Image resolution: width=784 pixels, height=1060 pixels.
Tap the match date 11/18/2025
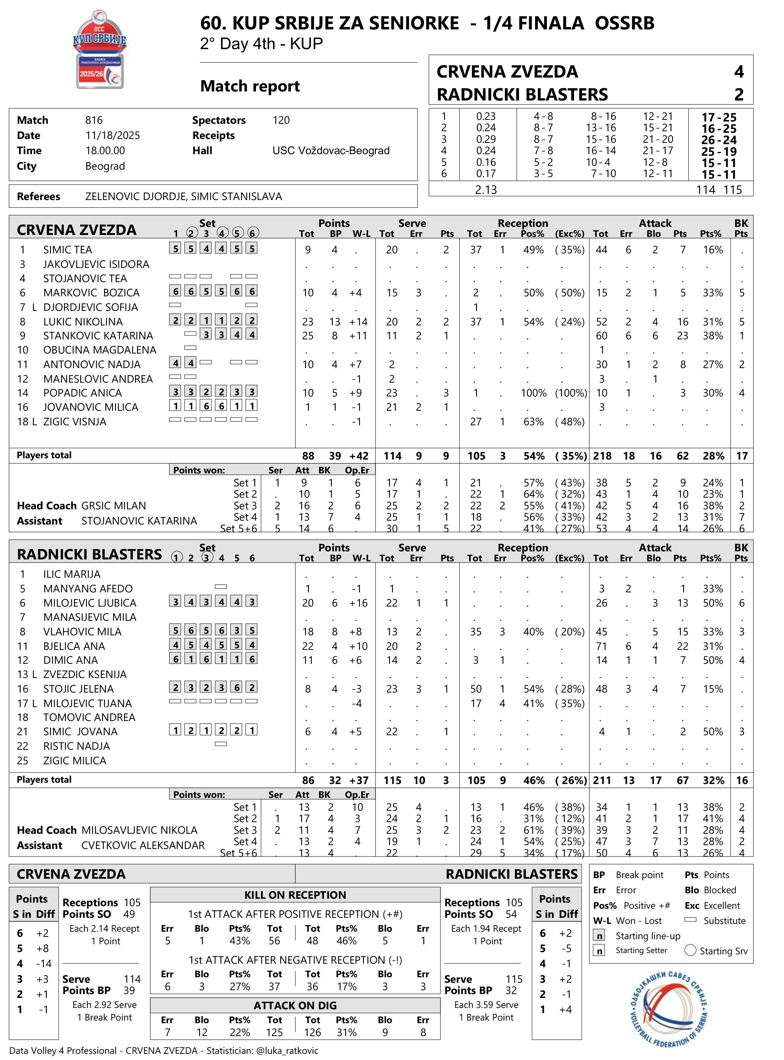click(112, 136)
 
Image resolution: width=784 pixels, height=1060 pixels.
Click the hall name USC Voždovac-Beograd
click(331, 151)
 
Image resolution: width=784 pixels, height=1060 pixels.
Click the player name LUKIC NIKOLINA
click(83, 322)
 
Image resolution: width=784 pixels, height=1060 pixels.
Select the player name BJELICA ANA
click(74, 646)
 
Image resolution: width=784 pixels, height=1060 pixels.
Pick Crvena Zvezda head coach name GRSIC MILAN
click(114, 506)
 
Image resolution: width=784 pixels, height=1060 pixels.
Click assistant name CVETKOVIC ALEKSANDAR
click(143, 845)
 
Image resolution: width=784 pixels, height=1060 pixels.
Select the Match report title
click(250, 86)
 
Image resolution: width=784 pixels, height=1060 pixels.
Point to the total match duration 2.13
click(486, 190)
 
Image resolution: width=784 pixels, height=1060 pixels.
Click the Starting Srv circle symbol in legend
click(691, 950)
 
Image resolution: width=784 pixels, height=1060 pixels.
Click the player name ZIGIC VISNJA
click(75, 422)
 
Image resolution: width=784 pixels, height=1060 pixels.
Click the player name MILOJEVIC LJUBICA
click(90, 603)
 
